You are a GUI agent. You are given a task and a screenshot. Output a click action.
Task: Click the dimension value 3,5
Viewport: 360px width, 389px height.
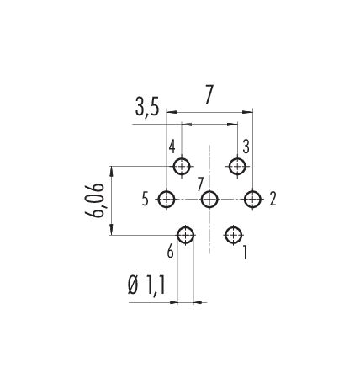(147, 107)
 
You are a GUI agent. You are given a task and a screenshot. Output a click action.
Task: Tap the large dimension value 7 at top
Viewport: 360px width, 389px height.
(209, 94)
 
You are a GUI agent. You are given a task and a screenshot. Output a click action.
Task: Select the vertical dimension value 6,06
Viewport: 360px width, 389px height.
(94, 200)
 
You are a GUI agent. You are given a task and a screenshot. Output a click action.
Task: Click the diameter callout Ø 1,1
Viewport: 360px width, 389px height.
(146, 285)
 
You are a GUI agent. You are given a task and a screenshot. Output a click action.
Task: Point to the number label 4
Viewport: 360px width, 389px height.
(172, 147)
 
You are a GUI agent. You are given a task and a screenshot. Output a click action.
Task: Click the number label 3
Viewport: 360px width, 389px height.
(246, 147)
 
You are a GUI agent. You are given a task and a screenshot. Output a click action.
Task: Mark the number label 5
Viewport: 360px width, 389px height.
(145, 200)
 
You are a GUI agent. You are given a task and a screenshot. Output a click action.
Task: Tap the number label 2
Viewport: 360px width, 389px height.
(273, 200)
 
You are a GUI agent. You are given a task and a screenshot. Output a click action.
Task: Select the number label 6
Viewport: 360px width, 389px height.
(171, 252)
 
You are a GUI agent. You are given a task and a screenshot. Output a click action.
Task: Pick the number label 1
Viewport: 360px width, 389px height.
(245, 253)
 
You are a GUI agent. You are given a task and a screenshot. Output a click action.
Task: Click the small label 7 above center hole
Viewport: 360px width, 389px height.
(200, 185)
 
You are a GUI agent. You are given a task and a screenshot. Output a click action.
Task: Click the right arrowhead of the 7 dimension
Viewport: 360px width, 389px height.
(248, 112)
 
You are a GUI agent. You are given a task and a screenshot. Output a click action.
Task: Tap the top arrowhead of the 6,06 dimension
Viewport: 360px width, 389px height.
(112, 171)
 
